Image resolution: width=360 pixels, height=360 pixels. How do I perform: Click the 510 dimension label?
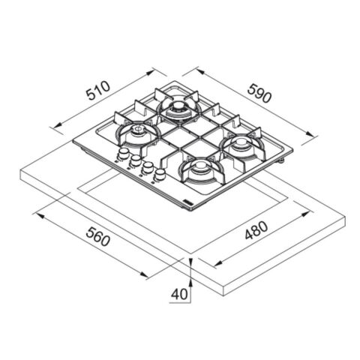click(x=97, y=90)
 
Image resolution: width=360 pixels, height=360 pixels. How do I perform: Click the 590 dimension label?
click(x=259, y=93)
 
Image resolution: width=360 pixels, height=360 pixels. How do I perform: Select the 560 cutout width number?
click(x=97, y=236)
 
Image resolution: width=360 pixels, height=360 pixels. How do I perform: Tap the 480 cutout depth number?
click(x=256, y=230)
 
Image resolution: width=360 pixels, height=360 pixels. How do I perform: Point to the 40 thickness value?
click(x=179, y=294)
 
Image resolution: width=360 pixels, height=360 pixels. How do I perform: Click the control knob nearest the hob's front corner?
click(x=159, y=174)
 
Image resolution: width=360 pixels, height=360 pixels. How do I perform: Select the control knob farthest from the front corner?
click(x=123, y=153)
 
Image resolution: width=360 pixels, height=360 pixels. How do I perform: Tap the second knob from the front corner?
click(x=148, y=166)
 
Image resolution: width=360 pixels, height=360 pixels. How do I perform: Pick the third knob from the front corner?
click(x=135, y=160)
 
